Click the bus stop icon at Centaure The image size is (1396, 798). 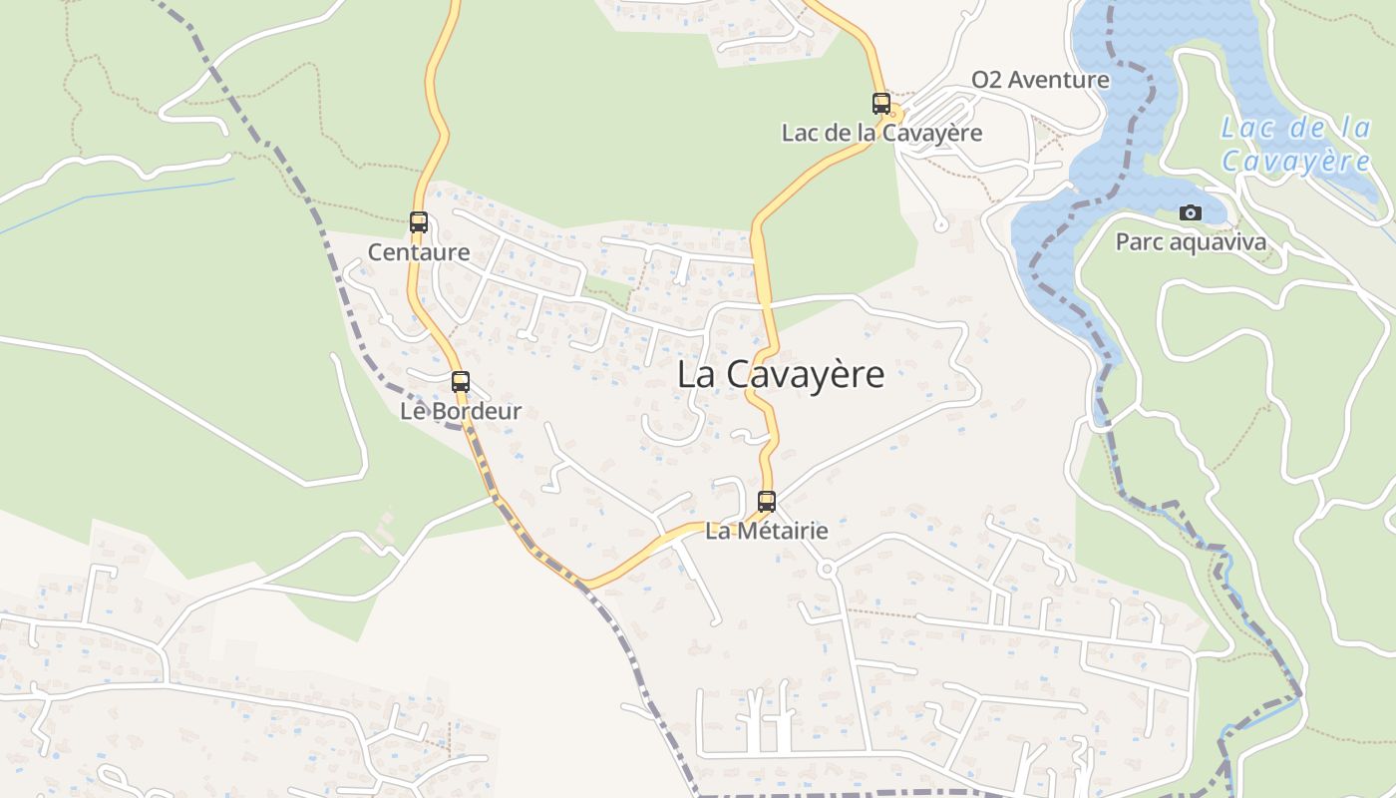click(x=419, y=222)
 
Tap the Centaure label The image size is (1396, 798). click(x=419, y=252)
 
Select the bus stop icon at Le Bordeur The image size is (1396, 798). click(x=461, y=381)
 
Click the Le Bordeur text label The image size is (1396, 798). click(x=461, y=411)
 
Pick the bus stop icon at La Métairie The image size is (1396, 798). click(x=767, y=501)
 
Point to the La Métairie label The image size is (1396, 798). click(x=767, y=531)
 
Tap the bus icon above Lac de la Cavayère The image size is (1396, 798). click(x=881, y=103)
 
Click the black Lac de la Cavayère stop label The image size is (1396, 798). click(x=881, y=133)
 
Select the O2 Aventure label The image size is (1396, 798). click(x=1040, y=80)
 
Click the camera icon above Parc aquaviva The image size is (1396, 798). click(x=1191, y=212)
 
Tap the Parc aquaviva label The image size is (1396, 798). click(x=1191, y=242)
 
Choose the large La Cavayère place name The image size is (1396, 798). click(x=781, y=375)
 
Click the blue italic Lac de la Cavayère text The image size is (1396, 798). click(x=1296, y=144)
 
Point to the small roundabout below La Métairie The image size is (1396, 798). click(x=826, y=569)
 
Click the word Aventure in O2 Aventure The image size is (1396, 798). click(x=1059, y=80)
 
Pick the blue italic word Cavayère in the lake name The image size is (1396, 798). click(x=1296, y=161)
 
